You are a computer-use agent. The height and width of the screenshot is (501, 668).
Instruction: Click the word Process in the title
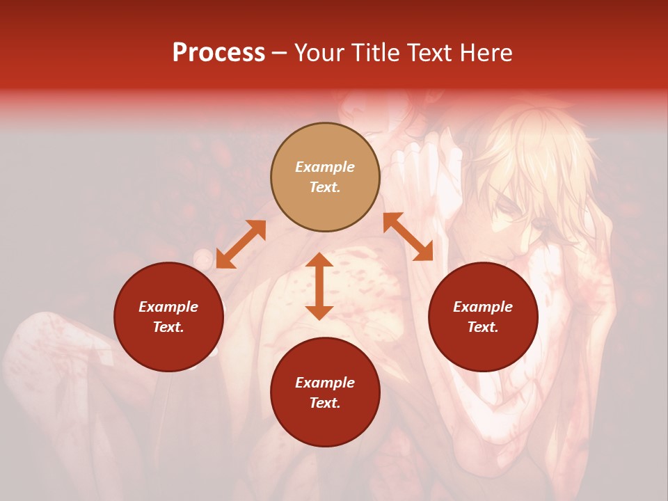tap(218, 53)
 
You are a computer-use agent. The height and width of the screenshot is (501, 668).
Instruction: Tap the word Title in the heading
tap(380, 53)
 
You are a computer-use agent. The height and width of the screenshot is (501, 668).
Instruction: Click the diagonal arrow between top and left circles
tap(241, 244)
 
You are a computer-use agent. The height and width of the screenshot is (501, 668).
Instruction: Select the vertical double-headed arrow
tap(319, 286)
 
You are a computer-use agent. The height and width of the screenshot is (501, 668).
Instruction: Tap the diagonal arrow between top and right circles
tap(408, 237)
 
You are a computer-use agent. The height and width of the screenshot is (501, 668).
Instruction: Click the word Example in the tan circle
tap(325, 167)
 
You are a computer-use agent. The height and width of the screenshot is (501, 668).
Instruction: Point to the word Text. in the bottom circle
tap(325, 403)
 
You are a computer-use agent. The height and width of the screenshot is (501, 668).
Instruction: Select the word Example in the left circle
tap(168, 307)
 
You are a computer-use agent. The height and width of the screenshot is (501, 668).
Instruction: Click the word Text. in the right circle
tap(483, 327)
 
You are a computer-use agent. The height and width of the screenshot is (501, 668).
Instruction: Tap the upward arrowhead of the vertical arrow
tap(319, 260)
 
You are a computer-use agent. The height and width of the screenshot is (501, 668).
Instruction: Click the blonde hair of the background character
tap(536, 153)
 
